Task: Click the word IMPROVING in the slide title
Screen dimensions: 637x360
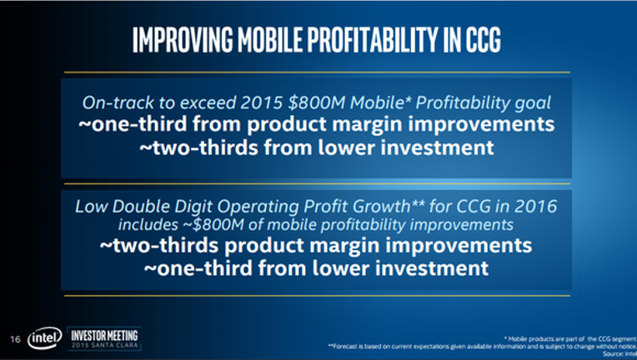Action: (183, 40)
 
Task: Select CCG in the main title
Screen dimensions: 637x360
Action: (483, 40)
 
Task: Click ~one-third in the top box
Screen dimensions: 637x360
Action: (133, 124)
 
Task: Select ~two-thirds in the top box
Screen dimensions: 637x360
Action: (199, 147)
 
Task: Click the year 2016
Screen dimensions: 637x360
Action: (536, 207)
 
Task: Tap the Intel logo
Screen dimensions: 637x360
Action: (45, 337)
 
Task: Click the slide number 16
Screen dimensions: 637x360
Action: (16, 339)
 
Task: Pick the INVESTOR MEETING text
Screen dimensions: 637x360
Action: (104, 336)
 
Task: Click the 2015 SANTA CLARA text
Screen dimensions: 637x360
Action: (104, 345)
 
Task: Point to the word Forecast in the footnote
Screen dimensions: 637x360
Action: (345, 346)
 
